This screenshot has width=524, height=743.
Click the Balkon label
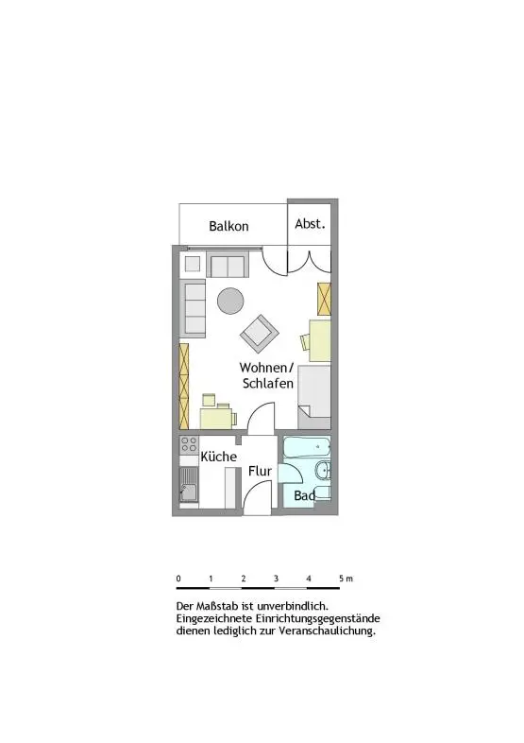pyautogui.click(x=228, y=226)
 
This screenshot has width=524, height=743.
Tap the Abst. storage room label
pyautogui.click(x=310, y=223)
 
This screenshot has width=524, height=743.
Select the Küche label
pyautogui.click(x=218, y=456)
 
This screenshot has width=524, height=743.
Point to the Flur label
pyautogui.click(x=260, y=471)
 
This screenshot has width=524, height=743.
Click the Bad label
pyautogui.click(x=304, y=495)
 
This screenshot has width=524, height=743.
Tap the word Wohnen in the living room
pyautogui.click(x=262, y=368)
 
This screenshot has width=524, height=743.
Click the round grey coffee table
pyautogui.click(x=230, y=301)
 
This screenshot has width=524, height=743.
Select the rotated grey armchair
pyautogui.click(x=259, y=334)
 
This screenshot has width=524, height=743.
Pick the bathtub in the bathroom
pyautogui.click(x=307, y=447)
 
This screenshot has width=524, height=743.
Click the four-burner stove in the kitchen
pyautogui.click(x=189, y=444)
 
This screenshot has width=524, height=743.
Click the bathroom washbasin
pyautogui.click(x=323, y=470)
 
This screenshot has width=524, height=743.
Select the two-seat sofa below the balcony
pyautogui.click(x=228, y=265)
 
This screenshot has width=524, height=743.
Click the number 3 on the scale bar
pyautogui.click(x=276, y=579)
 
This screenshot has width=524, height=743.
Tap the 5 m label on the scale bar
pyautogui.click(x=346, y=579)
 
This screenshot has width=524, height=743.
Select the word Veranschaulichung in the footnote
pyautogui.click(x=327, y=631)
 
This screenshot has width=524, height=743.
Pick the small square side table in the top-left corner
pyautogui.click(x=193, y=264)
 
